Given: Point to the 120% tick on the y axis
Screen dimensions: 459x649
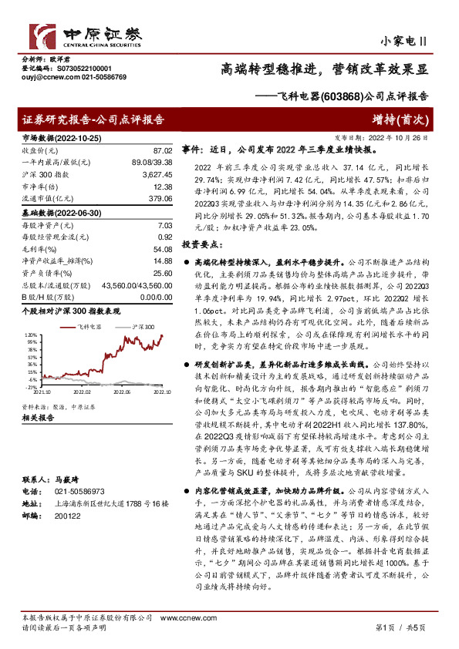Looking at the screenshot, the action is click(x=29, y=336).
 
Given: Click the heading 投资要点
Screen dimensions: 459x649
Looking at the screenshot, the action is click(x=199, y=244).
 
